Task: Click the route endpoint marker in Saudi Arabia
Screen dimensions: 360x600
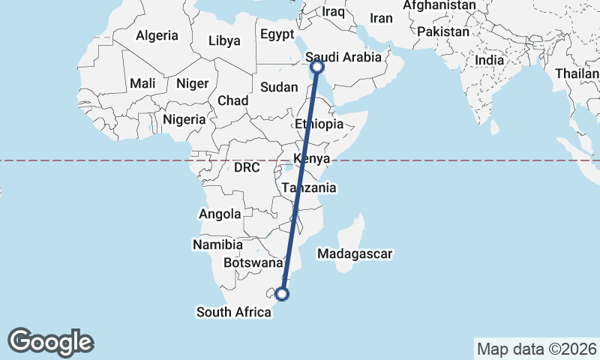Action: [x=318, y=67]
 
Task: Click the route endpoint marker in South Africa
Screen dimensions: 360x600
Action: [x=283, y=294]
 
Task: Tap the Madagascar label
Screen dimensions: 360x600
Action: [x=355, y=255]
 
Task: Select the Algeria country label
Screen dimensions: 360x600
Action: [x=157, y=35]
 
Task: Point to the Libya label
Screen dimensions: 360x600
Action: [x=225, y=40]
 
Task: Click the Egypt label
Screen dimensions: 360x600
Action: [x=277, y=34]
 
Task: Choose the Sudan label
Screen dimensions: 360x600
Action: [x=279, y=87]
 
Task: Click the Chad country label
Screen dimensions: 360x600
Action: [x=232, y=100]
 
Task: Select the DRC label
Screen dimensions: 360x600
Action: [x=246, y=168]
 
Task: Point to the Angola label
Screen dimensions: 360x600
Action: [x=220, y=214]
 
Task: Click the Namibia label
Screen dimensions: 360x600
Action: [x=217, y=245]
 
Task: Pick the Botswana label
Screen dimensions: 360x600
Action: [x=252, y=263]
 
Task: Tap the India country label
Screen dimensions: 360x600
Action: [x=490, y=60]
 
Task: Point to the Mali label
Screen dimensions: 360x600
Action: [x=142, y=83]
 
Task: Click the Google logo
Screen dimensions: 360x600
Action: [x=51, y=341]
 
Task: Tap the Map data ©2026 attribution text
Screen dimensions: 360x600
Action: [x=536, y=349]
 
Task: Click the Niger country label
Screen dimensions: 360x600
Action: [x=191, y=83]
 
